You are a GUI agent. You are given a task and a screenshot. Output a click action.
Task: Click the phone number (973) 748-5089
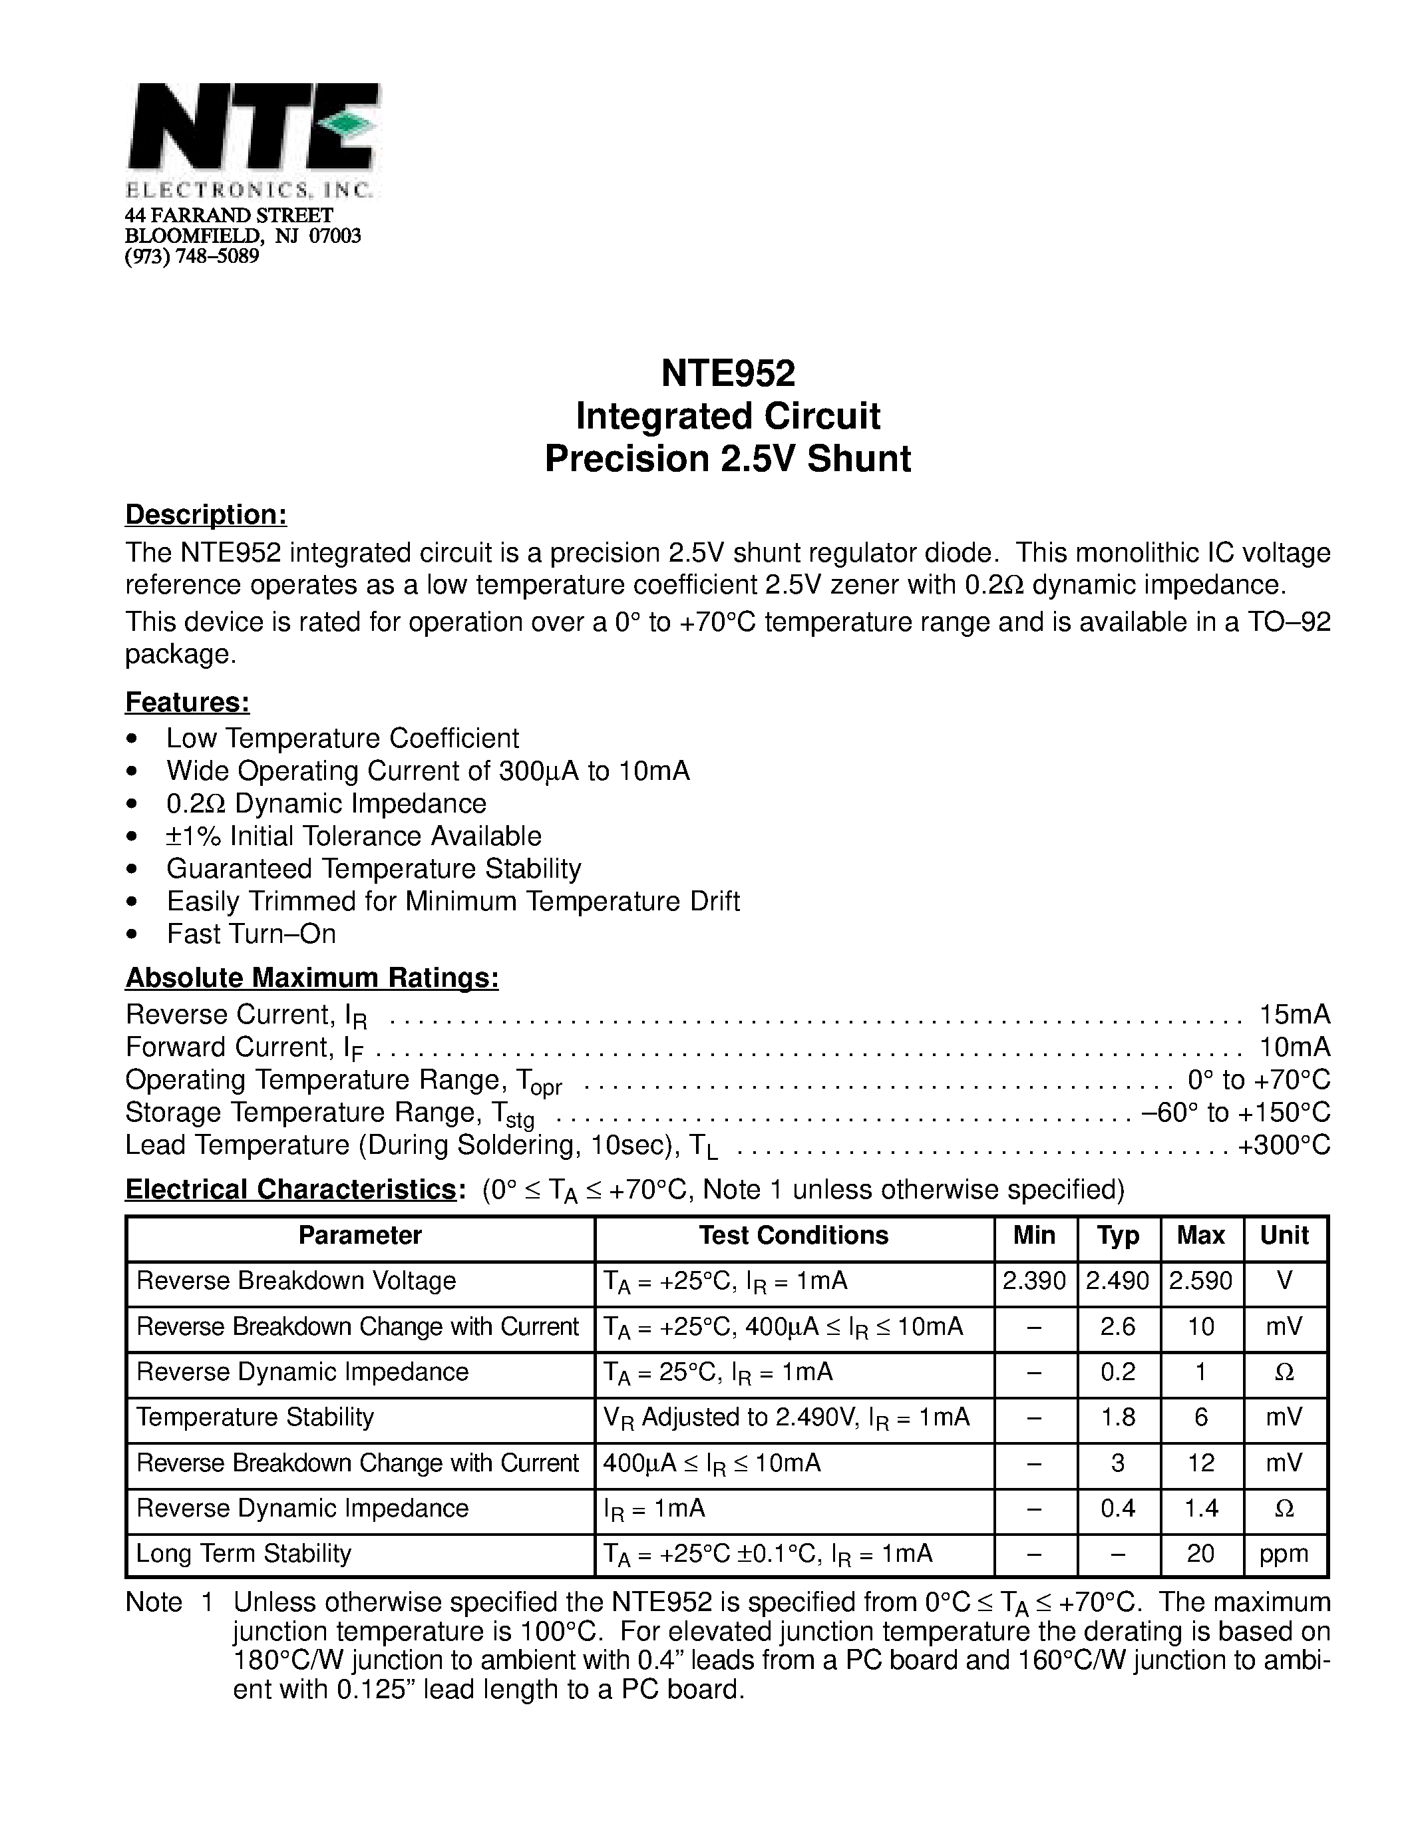click(x=192, y=256)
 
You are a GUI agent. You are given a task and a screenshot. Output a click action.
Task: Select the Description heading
click(x=206, y=514)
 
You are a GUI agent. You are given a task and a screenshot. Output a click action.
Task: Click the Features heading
click(x=188, y=701)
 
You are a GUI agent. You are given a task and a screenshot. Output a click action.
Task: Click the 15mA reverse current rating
click(x=1294, y=1015)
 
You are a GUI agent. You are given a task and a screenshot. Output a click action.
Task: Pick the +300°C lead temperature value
click(x=1284, y=1145)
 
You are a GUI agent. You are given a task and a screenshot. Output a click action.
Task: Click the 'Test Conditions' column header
click(x=793, y=1235)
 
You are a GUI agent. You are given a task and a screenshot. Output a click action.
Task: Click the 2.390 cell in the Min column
click(x=1035, y=1280)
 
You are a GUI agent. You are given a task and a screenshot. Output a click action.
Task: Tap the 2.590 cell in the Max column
click(x=1201, y=1280)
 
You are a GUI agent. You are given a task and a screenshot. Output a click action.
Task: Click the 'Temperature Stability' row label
click(x=255, y=1417)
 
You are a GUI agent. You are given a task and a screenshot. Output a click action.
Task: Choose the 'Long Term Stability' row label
click(x=243, y=1553)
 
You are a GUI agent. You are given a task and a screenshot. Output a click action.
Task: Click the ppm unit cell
click(x=1284, y=1553)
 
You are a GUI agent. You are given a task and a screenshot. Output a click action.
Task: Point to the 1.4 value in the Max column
click(x=1201, y=1507)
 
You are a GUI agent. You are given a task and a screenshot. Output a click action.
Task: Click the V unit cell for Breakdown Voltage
click(x=1285, y=1280)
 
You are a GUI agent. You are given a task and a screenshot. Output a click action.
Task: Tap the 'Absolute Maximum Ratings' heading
click(x=311, y=977)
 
